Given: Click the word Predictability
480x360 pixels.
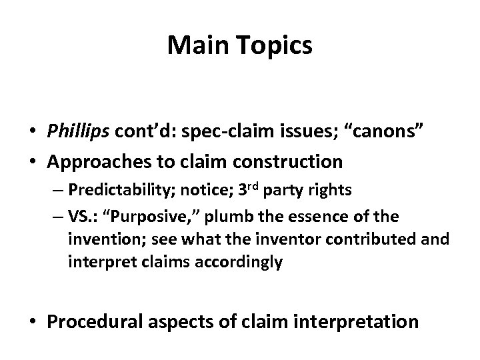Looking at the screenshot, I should tap(124, 189).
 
